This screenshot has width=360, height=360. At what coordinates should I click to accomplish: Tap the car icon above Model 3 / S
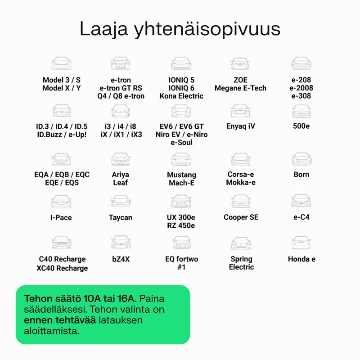click(61, 63)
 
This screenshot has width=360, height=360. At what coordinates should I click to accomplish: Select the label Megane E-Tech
click(240, 88)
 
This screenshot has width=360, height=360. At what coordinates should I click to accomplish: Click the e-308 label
click(301, 96)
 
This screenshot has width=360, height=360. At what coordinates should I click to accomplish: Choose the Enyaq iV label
click(240, 126)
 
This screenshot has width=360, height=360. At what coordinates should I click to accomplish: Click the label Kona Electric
click(181, 96)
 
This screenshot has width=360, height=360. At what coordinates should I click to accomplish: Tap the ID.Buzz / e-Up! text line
click(62, 134)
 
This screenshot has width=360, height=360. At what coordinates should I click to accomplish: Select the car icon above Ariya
click(121, 159)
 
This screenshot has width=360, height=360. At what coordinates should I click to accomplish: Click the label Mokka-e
click(241, 182)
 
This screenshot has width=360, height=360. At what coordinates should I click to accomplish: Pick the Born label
click(301, 175)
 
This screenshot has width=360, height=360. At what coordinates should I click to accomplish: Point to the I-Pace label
click(61, 218)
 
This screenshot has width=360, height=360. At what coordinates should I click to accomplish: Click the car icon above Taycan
click(121, 201)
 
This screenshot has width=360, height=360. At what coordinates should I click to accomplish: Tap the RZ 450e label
click(181, 225)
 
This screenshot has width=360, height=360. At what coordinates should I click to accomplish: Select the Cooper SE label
click(241, 217)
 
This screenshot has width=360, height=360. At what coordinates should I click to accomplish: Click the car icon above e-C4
click(301, 201)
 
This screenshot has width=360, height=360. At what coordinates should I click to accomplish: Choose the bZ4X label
click(121, 259)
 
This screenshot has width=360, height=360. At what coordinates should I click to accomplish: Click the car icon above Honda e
click(301, 243)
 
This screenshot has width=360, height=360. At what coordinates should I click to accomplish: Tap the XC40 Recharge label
click(62, 268)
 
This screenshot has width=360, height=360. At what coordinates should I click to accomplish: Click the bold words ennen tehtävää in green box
click(59, 320)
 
